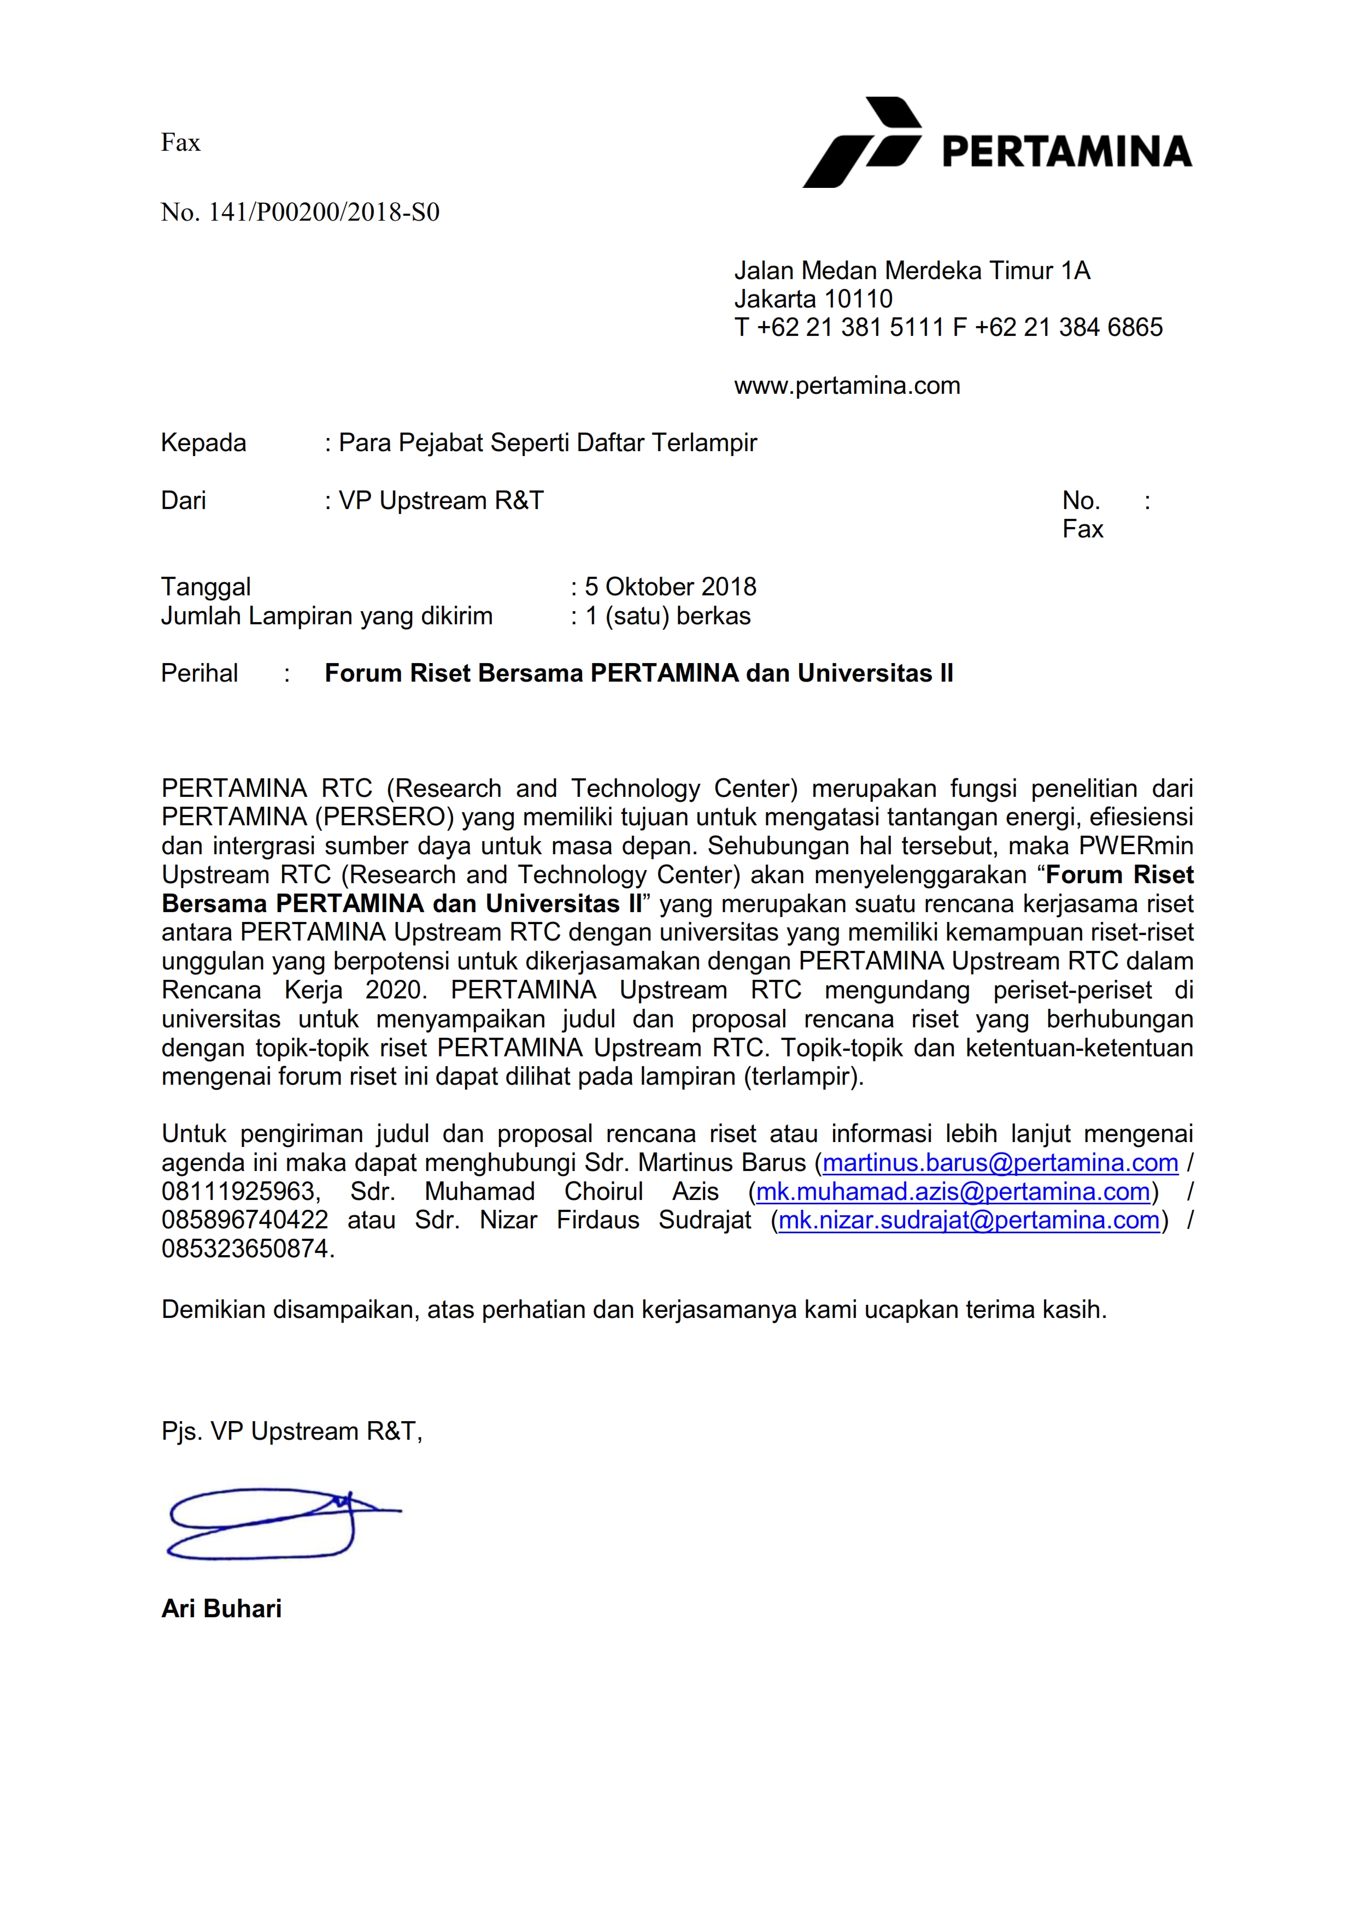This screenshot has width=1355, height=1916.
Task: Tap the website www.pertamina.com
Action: click(847, 386)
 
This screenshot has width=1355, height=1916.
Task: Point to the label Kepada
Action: click(203, 442)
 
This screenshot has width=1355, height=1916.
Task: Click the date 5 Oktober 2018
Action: click(671, 587)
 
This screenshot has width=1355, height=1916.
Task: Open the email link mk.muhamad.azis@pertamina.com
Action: click(953, 1192)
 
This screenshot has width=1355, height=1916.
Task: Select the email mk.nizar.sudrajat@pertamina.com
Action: click(969, 1220)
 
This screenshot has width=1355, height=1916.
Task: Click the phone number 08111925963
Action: click(239, 1192)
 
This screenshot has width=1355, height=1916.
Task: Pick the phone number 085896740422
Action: click(245, 1220)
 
